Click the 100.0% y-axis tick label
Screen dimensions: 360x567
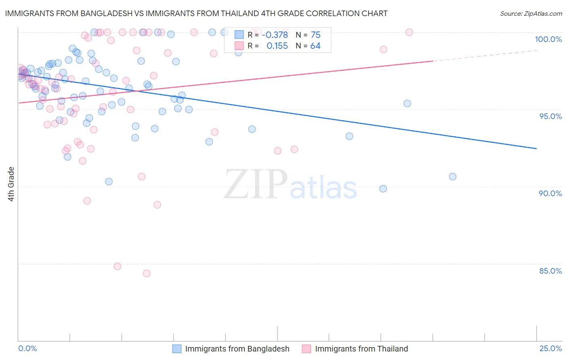[548, 39]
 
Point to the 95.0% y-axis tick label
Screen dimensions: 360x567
[550, 116]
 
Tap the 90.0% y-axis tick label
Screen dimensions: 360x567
[550, 193]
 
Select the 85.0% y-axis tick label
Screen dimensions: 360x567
[550, 271]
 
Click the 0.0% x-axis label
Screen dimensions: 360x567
[27, 348]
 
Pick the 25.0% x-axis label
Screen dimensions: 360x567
[550, 348]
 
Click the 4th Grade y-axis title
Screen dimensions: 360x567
[11, 184]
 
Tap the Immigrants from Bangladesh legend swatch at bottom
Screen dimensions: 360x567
[177, 349]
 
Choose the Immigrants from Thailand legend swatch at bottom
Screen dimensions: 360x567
[306, 349]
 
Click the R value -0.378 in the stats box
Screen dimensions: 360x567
[275, 35]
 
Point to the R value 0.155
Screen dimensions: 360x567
[277, 46]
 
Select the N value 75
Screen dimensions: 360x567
[315, 35]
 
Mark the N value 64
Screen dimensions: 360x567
[315, 46]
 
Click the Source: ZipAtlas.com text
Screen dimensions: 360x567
[531, 14]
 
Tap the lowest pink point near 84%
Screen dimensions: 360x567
[147, 274]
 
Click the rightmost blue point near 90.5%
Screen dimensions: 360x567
[452, 177]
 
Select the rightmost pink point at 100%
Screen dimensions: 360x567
[409, 32]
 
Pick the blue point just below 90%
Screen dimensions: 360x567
[383, 189]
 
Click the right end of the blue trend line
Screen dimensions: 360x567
[537, 149]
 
